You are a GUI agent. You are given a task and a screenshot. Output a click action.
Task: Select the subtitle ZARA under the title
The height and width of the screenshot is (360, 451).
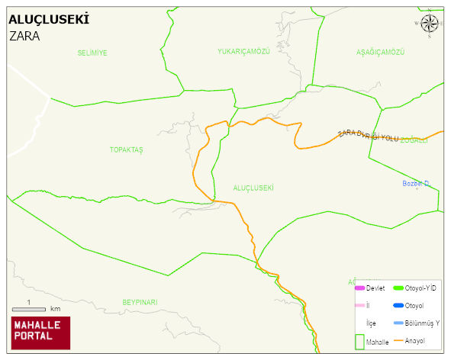point(24,36)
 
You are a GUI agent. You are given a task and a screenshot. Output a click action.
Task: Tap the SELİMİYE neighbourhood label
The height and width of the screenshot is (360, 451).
point(92,53)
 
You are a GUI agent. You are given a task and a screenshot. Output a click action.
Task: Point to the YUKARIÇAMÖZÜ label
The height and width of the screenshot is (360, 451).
point(244,52)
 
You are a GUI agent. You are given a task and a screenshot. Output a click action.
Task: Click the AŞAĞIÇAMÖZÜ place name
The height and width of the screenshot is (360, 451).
point(380,52)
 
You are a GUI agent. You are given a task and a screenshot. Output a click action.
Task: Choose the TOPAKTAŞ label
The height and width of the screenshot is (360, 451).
point(127,149)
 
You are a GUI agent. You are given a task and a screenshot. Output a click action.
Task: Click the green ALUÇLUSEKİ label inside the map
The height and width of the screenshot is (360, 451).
point(253,188)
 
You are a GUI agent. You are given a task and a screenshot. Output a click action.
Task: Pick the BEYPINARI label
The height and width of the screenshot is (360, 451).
point(140,303)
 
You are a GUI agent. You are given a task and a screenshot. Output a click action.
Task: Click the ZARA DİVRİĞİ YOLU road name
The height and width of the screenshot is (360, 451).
point(369,136)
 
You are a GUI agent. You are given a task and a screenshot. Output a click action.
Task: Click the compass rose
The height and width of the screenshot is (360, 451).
point(430,24)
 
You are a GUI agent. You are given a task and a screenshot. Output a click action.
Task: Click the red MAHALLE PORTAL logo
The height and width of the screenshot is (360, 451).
point(40,333)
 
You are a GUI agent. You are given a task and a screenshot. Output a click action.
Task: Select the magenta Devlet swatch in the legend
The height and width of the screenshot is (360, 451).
point(360,288)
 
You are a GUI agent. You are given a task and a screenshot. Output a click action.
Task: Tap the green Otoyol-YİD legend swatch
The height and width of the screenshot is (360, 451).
point(398,288)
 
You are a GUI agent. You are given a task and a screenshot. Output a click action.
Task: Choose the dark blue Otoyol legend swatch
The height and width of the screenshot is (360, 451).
point(398,306)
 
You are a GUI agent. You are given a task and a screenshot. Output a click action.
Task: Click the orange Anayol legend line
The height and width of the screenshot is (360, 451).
point(398,341)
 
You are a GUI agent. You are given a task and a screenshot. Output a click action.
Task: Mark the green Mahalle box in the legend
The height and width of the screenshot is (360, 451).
point(359,342)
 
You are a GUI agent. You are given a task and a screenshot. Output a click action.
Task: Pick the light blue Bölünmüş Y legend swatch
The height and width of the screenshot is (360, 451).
point(398,323)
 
